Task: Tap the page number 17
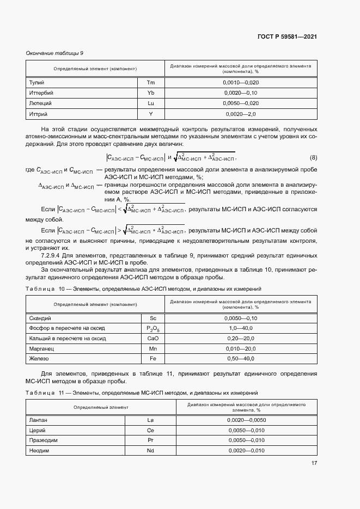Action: (x=314, y=464)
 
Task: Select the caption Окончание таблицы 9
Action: (x=54, y=53)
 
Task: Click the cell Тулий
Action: (x=36, y=82)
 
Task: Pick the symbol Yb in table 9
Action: (x=151, y=93)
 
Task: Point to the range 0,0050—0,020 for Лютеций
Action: (x=241, y=103)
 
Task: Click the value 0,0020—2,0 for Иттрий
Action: (x=241, y=114)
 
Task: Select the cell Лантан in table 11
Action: (x=38, y=420)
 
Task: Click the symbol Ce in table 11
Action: (x=151, y=430)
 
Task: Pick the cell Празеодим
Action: (x=42, y=440)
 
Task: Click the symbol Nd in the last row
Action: (x=151, y=450)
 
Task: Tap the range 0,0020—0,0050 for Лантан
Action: (x=246, y=420)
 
